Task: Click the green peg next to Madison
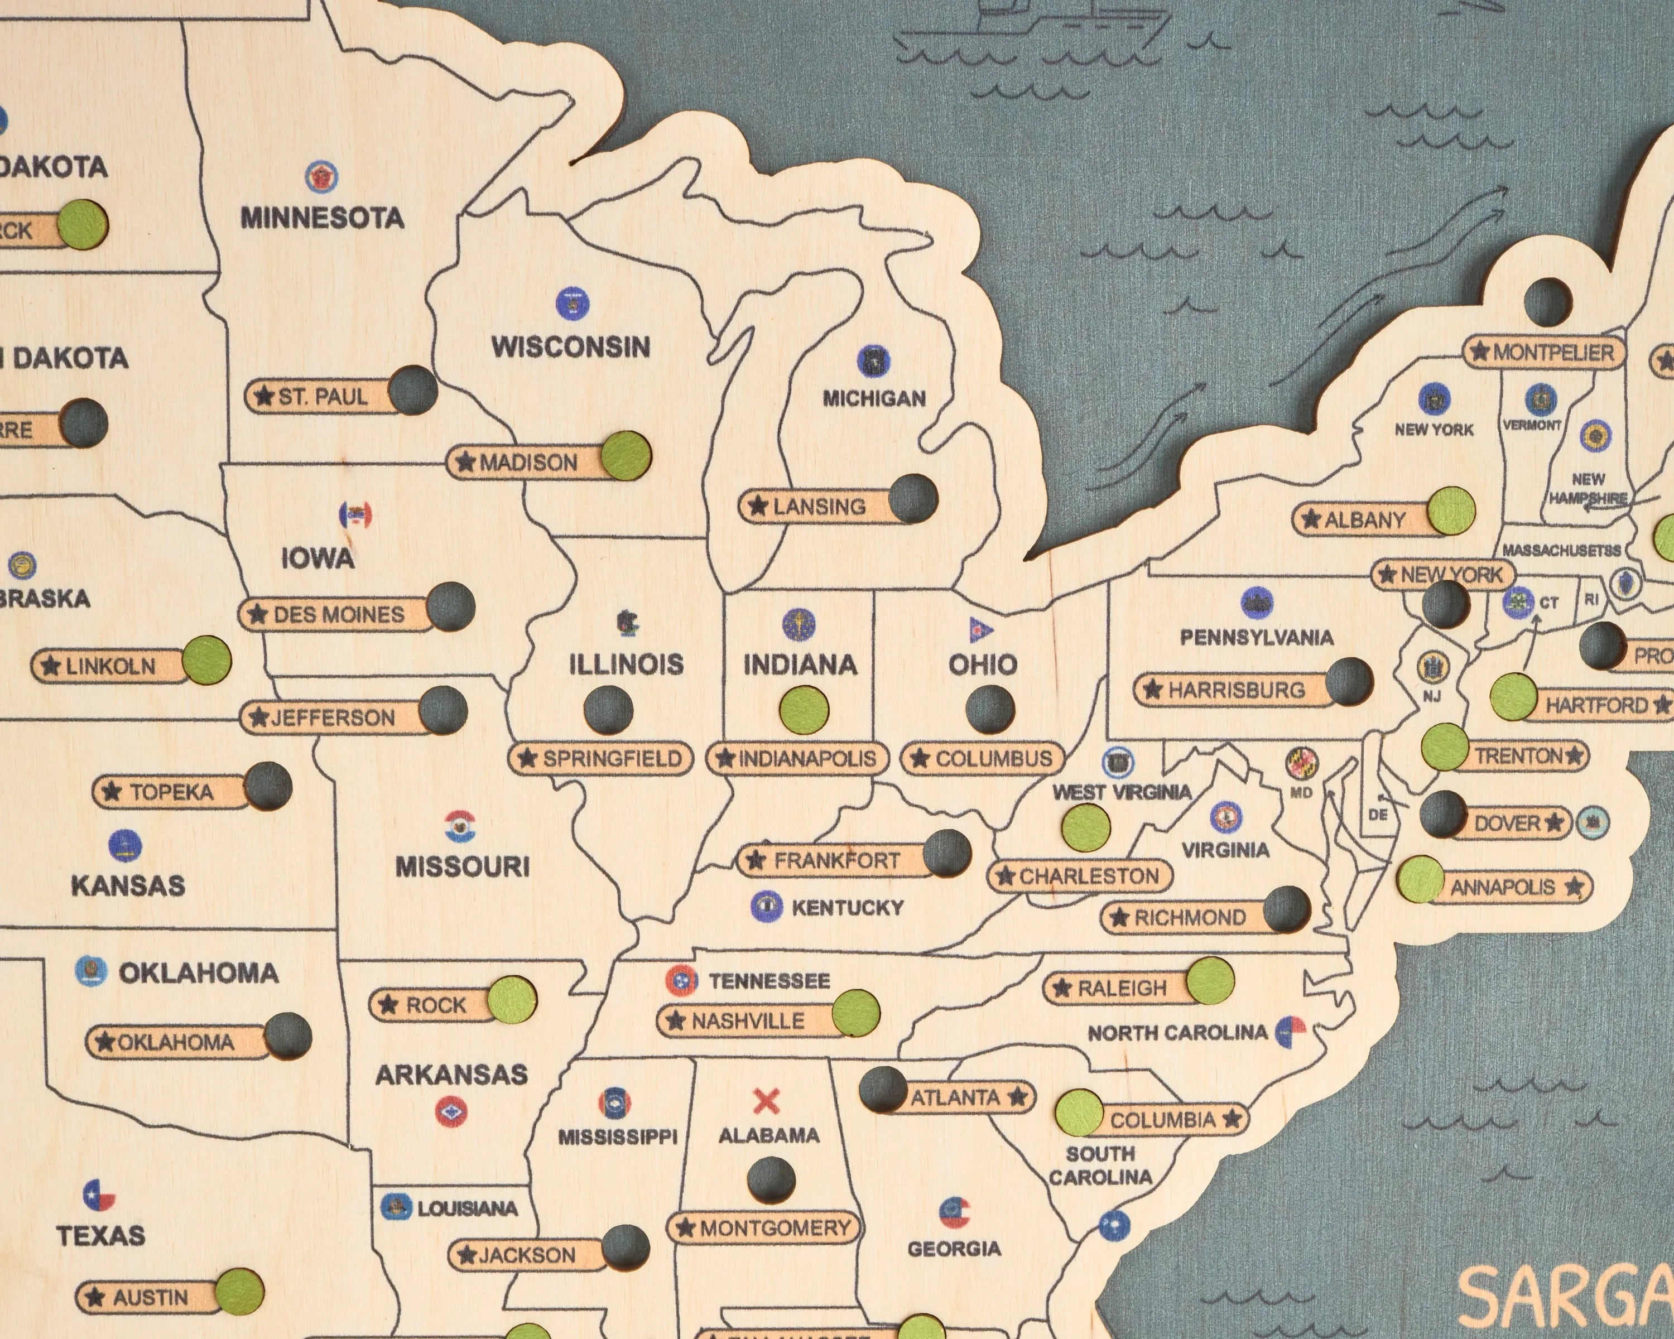(627, 456)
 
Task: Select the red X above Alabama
(766, 1101)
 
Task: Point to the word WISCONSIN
(571, 347)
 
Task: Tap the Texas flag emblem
(99, 1196)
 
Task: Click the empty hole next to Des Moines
(451, 606)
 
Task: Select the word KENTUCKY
(847, 907)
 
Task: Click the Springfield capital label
(601, 758)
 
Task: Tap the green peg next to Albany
(1450, 512)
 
